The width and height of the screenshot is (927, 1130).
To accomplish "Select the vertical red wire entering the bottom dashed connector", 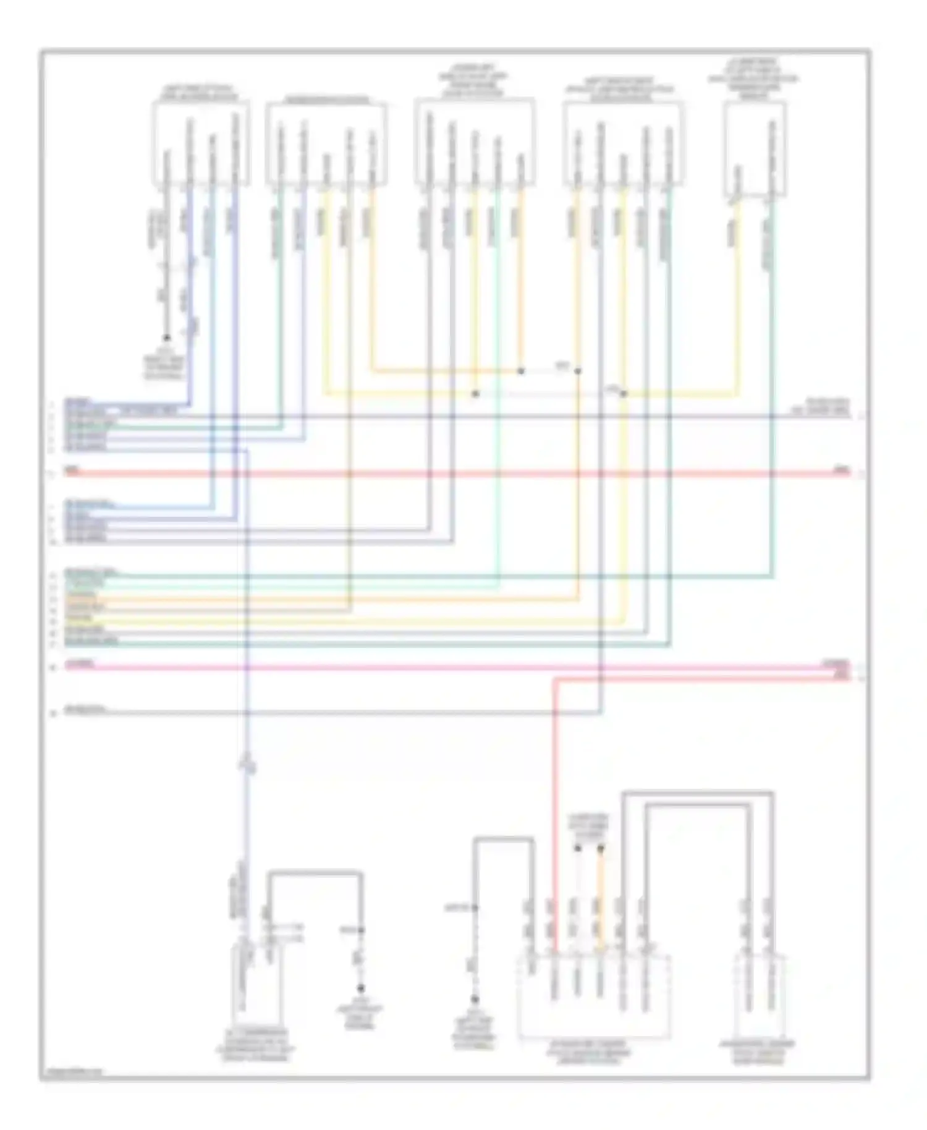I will [554, 804].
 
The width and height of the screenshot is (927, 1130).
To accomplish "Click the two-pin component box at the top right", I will [755, 150].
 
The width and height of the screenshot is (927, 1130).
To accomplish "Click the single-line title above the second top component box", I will [326, 100].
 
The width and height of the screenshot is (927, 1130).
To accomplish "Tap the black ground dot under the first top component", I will [166, 338].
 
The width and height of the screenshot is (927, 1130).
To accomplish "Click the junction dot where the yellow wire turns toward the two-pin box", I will [624, 394].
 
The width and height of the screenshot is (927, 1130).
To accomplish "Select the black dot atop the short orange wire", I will [600, 849].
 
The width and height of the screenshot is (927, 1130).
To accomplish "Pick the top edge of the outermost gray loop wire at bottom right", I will [698, 793].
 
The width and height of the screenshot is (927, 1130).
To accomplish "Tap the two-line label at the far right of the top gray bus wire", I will [822, 406].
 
